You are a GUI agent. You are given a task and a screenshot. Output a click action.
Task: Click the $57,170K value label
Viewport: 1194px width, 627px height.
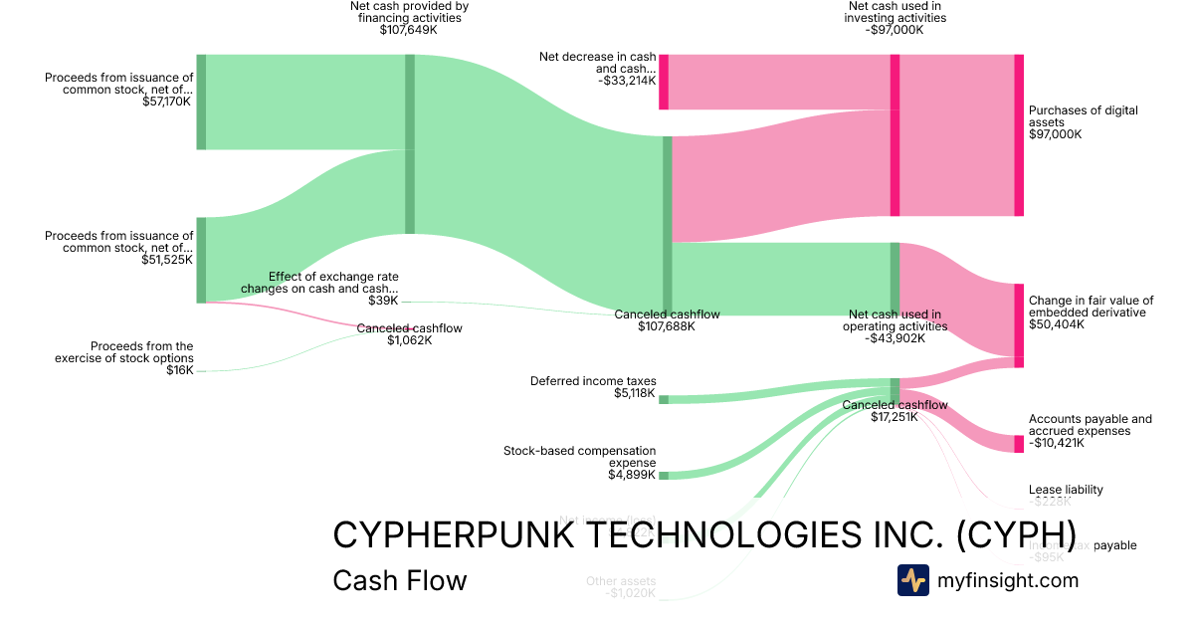pos(167,102)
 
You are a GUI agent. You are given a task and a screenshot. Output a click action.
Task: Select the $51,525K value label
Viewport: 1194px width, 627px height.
pos(167,260)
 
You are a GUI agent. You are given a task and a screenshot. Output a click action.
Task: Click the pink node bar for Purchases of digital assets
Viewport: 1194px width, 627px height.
pos(1019,135)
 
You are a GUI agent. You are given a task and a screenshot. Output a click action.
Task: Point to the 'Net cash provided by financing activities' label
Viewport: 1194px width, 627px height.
pos(409,12)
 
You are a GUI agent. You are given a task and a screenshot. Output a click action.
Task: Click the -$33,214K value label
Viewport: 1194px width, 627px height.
pos(627,80)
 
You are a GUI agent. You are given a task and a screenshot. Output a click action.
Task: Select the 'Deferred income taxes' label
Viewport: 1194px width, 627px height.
pos(593,380)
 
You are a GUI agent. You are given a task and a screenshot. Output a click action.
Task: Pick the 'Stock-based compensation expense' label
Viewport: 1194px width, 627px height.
pos(580,457)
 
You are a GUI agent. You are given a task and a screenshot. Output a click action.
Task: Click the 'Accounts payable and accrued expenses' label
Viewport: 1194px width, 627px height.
pos(1091,425)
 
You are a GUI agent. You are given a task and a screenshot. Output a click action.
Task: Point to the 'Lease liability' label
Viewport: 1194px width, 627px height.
pos(1066,490)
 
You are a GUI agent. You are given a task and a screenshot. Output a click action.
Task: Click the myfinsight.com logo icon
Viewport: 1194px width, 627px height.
pos(913,580)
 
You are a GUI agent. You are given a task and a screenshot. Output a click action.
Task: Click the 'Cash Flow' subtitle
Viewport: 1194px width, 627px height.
pos(399,580)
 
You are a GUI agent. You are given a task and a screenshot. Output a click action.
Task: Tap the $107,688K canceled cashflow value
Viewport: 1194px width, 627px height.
pos(666,325)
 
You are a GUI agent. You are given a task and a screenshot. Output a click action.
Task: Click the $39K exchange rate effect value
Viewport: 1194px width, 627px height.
pos(383,301)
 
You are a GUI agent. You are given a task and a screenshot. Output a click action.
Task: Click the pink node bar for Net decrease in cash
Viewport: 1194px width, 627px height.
pos(664,82)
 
